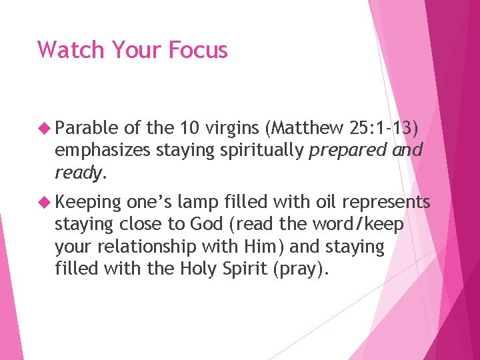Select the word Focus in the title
[x=199, y=49]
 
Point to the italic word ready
[x=77, y=173]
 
